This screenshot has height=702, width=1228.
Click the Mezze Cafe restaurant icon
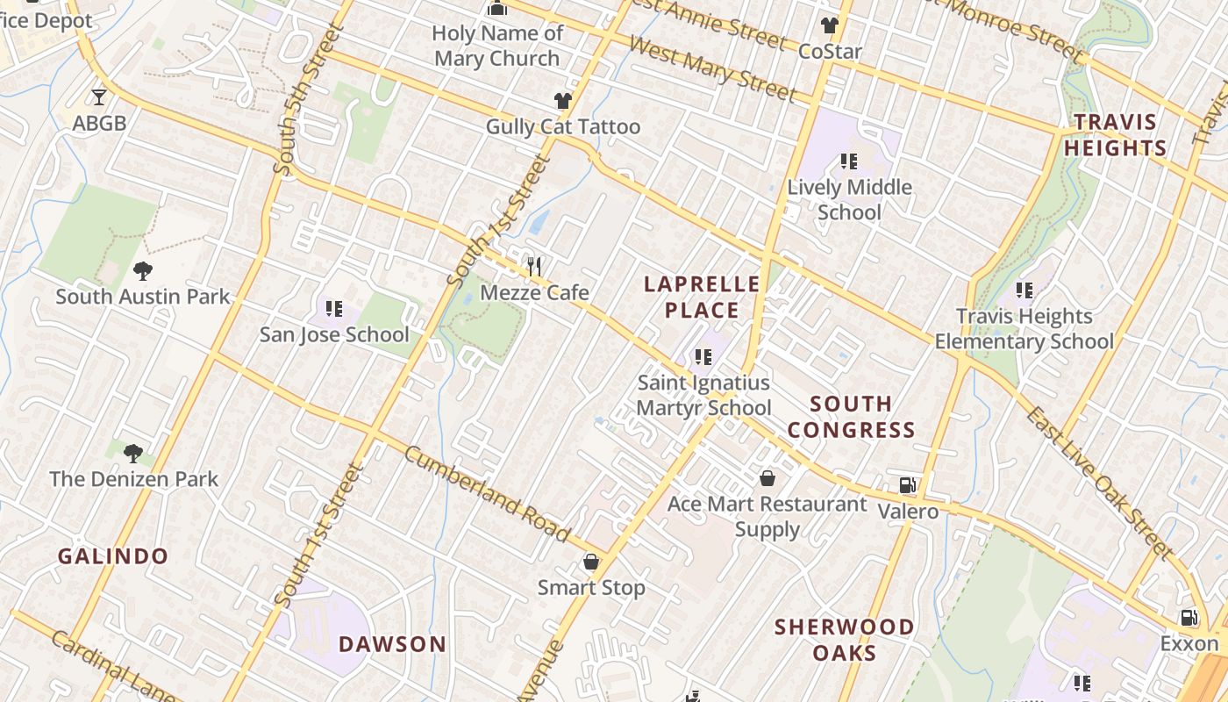point(533,266)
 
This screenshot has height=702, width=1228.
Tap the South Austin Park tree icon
point(142,271)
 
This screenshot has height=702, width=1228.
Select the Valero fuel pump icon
point(908,485)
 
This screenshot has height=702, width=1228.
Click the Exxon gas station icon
point(1189,618)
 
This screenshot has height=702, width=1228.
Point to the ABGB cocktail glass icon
point(99,97)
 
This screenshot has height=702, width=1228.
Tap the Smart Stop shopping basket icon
point(591,562)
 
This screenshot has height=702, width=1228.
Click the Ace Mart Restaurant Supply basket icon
point(767,478)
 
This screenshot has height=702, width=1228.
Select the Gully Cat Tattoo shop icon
point(563,102)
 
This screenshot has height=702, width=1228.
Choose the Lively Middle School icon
point(848,161)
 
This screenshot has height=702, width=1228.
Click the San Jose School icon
point(334,308)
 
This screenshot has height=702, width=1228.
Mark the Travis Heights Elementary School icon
point(1024,290)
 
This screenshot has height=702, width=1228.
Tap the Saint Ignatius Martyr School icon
point(703,357)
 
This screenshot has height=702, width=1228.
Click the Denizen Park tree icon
point(133,453)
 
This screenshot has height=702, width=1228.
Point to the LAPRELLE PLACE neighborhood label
point(702,297)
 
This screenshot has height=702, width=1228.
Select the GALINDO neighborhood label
point(113,556)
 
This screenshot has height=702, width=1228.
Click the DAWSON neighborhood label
point(393,644)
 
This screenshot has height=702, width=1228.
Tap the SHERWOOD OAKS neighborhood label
point(844,640)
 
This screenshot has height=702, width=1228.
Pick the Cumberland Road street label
point(488,493)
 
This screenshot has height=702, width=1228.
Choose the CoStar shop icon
point(830,25)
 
